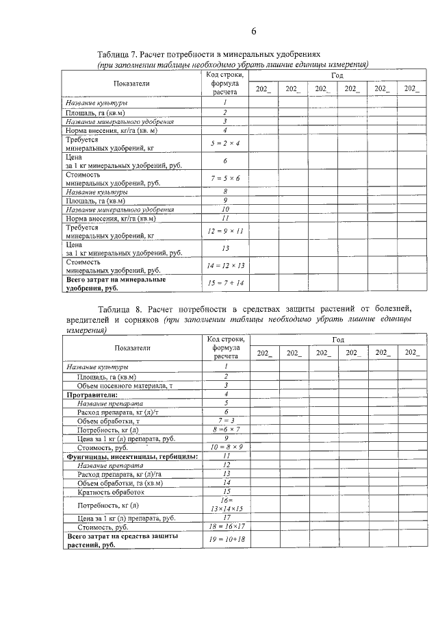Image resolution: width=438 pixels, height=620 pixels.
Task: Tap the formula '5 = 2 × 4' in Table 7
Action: point(224,142)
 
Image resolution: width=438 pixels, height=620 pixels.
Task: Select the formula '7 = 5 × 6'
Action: point(224,178)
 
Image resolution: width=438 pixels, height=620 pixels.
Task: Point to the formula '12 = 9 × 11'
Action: point(224,231)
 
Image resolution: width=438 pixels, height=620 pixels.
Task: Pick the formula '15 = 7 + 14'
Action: point(224,283)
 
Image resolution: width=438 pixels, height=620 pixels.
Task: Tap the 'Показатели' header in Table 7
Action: point(132,84)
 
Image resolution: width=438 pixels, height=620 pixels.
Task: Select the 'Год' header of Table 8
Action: point(338,339)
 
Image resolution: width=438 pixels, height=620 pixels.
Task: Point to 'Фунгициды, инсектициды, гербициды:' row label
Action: point(132,456)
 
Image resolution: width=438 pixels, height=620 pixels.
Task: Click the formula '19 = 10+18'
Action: point(225,541)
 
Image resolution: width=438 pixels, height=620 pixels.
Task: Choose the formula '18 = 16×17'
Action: point(225,528)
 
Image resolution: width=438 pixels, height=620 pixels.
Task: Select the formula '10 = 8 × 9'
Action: point(225,447)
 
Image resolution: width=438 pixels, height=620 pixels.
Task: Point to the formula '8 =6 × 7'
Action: point(225,430)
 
